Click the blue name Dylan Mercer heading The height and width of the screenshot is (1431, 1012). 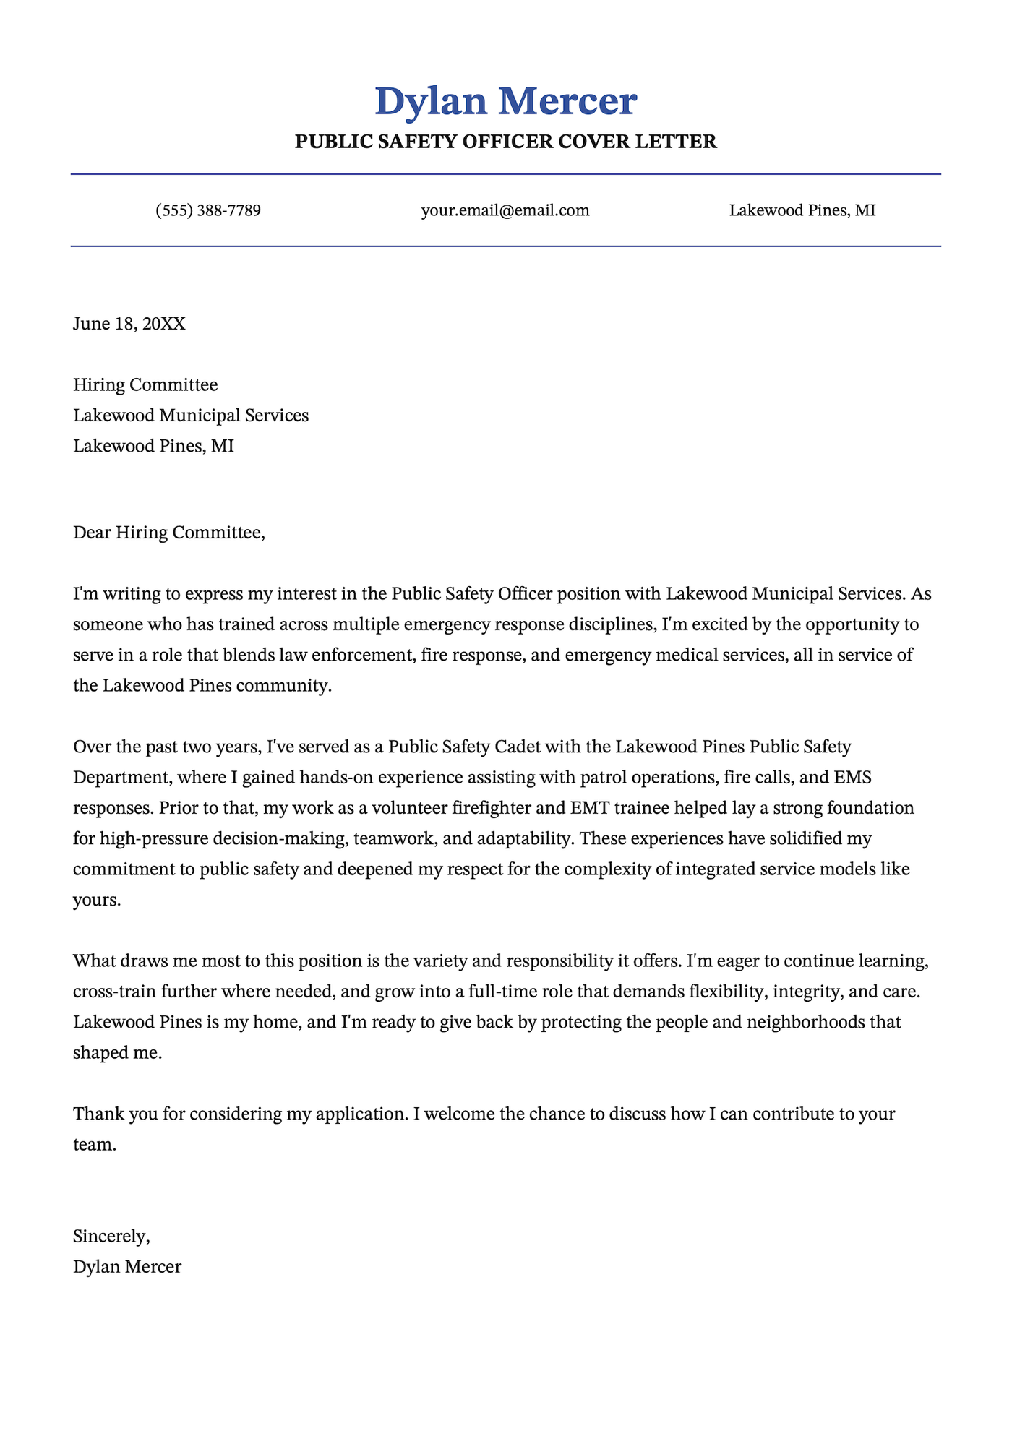click(506, 101)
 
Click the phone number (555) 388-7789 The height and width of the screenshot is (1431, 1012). click(208, 211)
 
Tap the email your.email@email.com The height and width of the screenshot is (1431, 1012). click(505, 211)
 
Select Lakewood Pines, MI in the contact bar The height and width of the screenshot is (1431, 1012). click(802, 211)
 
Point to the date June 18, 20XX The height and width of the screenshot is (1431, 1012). click(129, 324)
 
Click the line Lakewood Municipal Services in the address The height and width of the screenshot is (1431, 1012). click(191, 416)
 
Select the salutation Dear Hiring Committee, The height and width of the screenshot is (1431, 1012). click(169, 533)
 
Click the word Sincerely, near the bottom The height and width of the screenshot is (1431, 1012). click(111, 1237)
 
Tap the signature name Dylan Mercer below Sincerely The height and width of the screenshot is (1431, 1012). click(127, 1267)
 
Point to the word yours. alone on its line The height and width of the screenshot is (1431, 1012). click(97, 901)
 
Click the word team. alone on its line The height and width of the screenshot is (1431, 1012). click(94, 1145)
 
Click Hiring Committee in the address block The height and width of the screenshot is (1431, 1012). click(145, 385)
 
